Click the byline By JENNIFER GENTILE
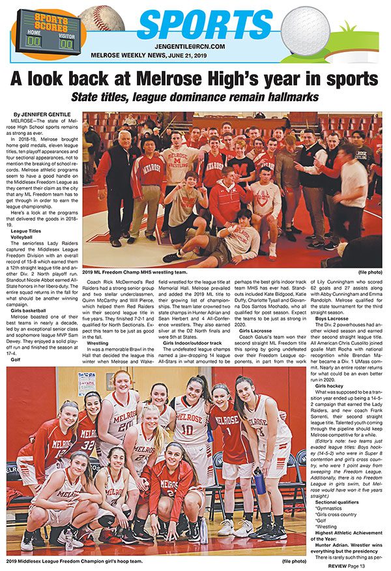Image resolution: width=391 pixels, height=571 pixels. pyautogui.click(x=40, y=115)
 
